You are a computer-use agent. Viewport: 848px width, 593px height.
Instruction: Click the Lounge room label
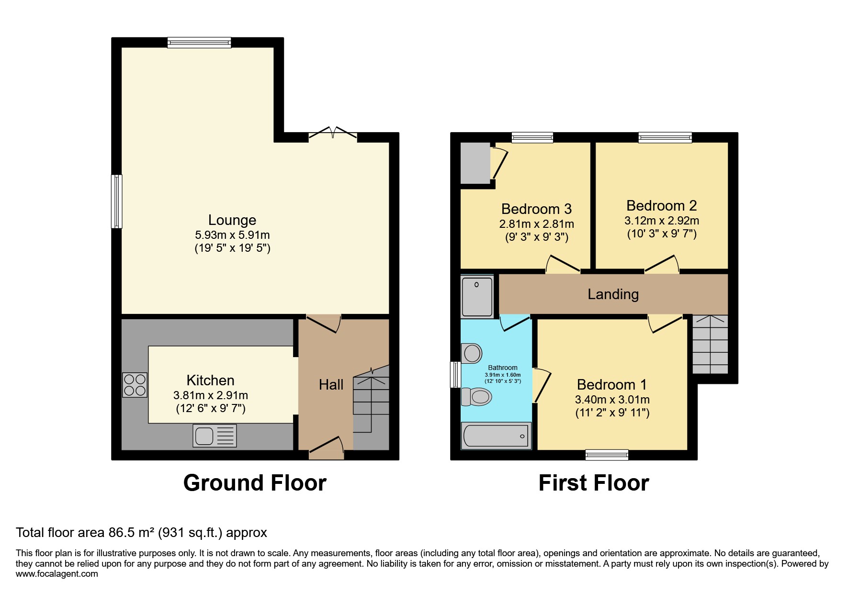[232, 220]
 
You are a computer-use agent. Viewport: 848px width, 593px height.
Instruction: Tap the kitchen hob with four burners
[135, 385]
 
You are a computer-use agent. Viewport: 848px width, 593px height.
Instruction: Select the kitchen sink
[215, 436]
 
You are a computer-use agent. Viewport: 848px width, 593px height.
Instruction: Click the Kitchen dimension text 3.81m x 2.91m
[211, 395]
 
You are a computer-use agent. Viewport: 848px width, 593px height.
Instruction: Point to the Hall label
[331, 385]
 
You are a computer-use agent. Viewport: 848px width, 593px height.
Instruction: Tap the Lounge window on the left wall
[117, 201]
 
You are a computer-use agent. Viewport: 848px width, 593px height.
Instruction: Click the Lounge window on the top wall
[199, 43]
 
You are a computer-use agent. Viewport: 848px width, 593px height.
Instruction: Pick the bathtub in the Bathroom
[496, 436]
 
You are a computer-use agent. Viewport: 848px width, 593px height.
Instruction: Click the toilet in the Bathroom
[477, 396]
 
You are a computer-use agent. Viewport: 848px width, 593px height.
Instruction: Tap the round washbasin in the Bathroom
[472, 354]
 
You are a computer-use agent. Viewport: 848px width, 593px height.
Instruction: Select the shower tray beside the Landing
[477, 297]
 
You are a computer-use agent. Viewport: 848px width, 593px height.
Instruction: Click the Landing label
[613, 294]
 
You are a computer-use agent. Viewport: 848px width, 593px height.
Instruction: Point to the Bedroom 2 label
[661, 206]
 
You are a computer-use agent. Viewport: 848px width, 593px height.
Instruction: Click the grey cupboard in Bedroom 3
[475, 163]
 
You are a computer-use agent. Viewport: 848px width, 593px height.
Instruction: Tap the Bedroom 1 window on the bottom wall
[607, 455]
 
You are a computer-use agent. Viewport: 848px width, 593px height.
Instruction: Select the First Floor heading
[594, 483]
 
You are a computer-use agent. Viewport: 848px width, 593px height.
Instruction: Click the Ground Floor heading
[255, 483]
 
